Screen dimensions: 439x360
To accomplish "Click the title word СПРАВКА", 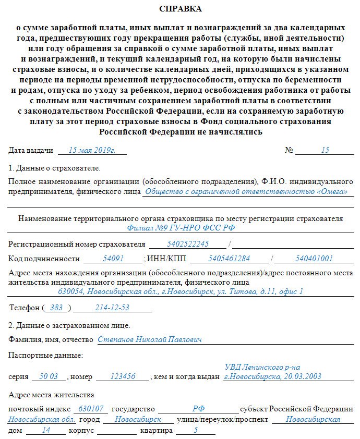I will pos(180,9).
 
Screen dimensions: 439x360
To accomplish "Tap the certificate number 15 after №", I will pos(325,150).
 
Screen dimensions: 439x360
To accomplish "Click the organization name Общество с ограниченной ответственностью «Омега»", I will pos(246,191).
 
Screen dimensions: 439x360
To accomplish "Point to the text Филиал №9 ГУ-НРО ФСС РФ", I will pos(180,228).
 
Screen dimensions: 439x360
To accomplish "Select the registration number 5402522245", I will pos(188,243).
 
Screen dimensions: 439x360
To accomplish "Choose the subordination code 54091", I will pos(113,258).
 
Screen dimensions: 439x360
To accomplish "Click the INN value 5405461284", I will pos(229,258).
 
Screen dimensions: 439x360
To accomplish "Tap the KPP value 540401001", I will pos(314,258).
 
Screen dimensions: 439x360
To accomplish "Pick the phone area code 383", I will pos(56,308).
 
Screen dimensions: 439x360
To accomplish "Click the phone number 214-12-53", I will pos(112,308).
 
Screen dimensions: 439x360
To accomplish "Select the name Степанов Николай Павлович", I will pos(150,339).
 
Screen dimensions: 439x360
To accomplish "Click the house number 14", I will pos(46,431).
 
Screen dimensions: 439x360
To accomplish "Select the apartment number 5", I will pos(196,431).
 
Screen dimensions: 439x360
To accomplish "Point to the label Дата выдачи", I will pos(31,150).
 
